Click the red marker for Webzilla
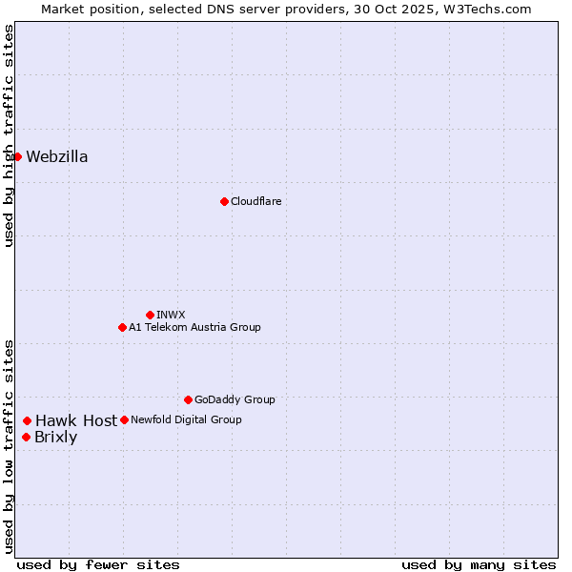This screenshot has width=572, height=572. click(x=17, y=156)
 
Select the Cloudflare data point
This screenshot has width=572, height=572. click(x=224, y=201)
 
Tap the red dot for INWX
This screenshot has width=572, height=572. click(x=150, y=315)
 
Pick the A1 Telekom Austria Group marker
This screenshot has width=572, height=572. click(x=122, y=327)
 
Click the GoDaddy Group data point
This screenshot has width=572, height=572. click(x=188, y=399)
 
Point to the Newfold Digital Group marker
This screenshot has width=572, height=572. click(x=124, y=419)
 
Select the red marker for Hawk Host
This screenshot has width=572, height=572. click(x=28, y=420)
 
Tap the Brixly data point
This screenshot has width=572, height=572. click(x=26, y=437)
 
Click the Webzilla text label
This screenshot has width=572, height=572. click(x=57, y=157)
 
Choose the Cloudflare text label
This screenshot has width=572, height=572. click(x=255, y=201)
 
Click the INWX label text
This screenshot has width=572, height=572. click(x=171, y=315)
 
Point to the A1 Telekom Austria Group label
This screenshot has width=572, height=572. click(x=194, y=327)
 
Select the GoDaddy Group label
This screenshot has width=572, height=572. click(x=235, y=399)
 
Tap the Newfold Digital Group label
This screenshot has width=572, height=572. click(x=186, y=419)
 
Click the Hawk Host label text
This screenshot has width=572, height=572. click(x=76, y=420)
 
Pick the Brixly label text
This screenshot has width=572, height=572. click(x=55, y=438)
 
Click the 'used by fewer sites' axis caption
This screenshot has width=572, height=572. click(x=98, y=564)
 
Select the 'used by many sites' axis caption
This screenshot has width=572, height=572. click(x=479, y=564)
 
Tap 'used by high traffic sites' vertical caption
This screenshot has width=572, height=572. click(x=10, y=135)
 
